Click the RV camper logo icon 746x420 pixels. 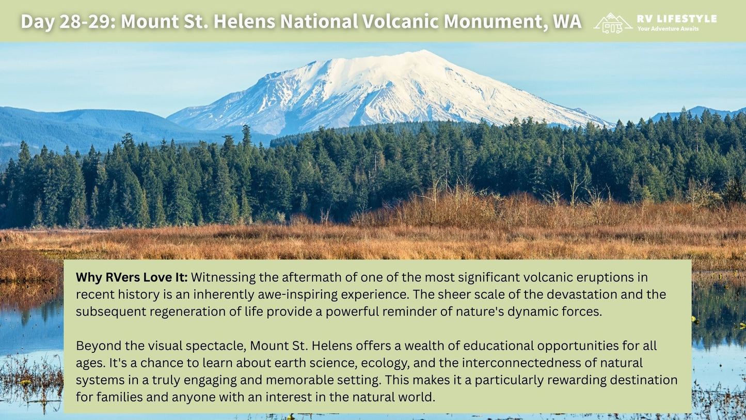click(613, 23)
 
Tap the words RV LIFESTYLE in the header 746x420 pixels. click(677, 19)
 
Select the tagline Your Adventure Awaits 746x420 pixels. click(668, 28)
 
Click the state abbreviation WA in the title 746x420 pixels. click(567, 21)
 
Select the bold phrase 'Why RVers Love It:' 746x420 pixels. click(132, 277)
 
